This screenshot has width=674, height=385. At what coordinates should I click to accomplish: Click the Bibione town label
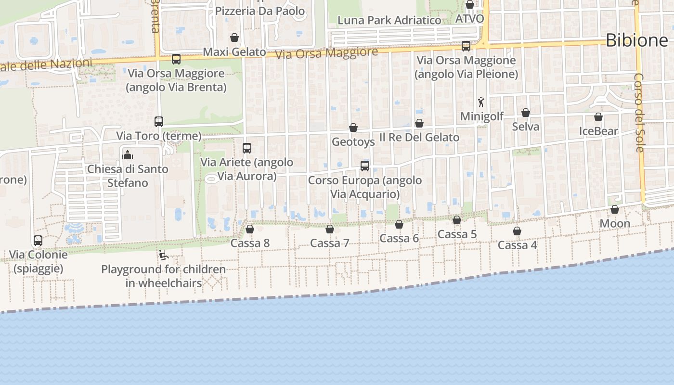click(636, 40)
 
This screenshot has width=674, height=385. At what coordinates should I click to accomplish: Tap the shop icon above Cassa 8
click(250, 229)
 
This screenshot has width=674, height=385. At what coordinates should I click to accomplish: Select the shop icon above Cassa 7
click(330, 229)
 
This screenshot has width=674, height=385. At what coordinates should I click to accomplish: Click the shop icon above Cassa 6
click(399, 224)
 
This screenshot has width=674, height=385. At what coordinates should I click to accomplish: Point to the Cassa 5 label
click(457, 234)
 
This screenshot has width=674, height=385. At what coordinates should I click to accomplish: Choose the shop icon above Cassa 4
click(517, 231)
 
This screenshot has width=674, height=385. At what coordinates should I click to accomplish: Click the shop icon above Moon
click(615, 209)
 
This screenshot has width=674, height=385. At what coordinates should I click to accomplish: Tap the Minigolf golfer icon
click(481, 102)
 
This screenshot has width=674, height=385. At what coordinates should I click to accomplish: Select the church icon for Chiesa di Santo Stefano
click(128, 155)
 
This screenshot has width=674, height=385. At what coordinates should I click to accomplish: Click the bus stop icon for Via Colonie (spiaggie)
click(38, 240)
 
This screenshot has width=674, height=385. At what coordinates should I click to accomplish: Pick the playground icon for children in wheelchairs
click(163, 255)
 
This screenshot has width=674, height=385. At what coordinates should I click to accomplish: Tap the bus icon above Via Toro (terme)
click(159, 122)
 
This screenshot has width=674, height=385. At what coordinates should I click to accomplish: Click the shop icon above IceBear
click(598, 117)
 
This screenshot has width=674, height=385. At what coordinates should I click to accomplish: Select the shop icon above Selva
click(526, 113)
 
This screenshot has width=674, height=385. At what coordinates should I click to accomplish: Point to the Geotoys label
click(353, 142)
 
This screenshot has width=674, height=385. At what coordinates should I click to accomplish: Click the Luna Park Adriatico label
click(389, 20)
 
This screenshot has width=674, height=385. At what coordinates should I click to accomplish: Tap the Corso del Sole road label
click(639, 113)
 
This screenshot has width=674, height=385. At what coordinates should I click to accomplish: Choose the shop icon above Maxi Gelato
click(234, 38)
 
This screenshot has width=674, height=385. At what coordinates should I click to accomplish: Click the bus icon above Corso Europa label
click(365, 166)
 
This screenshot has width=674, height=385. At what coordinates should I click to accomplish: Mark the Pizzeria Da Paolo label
click(260, 11)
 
